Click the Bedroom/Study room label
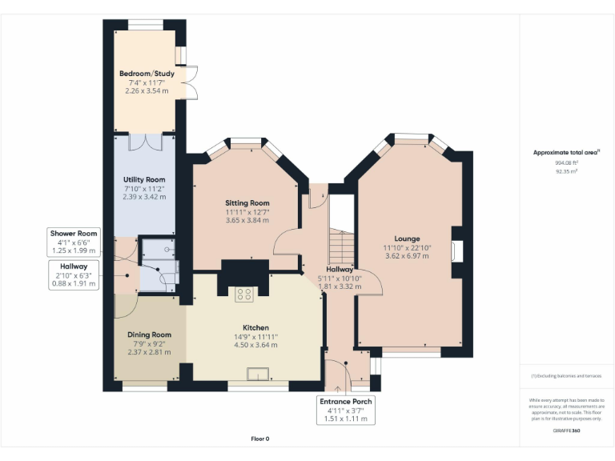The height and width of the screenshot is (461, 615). (147, 74)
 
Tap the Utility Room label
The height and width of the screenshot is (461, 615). (144, 179)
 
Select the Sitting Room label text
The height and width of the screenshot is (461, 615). (247, 203)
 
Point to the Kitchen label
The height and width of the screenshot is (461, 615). (255, 327)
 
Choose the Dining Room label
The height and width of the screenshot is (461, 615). (150, 335)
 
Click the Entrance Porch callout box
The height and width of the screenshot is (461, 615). (346, 410)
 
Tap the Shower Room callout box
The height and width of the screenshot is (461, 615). (74, 242)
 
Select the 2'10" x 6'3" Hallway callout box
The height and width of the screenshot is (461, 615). (73, 275)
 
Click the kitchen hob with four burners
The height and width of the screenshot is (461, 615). (245, 295)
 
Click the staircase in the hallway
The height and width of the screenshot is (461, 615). (342, 241)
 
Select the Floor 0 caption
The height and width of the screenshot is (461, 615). (259, 439)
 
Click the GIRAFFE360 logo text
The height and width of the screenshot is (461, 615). (566, 431)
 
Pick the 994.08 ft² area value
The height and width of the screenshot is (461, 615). (566, 162)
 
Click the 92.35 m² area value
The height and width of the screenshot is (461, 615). (566, 171)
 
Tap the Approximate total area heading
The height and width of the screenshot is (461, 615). (566, 151)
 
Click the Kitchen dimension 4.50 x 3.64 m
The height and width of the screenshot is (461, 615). (255, 345)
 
